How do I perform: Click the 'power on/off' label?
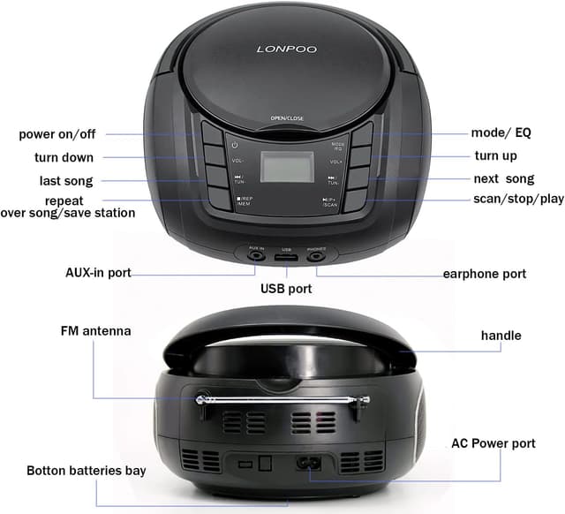57,134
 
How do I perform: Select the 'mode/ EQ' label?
501,133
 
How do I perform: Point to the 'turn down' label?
64,157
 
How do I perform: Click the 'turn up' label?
496,155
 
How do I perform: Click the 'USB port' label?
286,289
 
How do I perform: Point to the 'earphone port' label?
485,274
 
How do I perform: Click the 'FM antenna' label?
95,331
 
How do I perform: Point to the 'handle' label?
501,336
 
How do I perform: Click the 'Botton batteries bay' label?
87,471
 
